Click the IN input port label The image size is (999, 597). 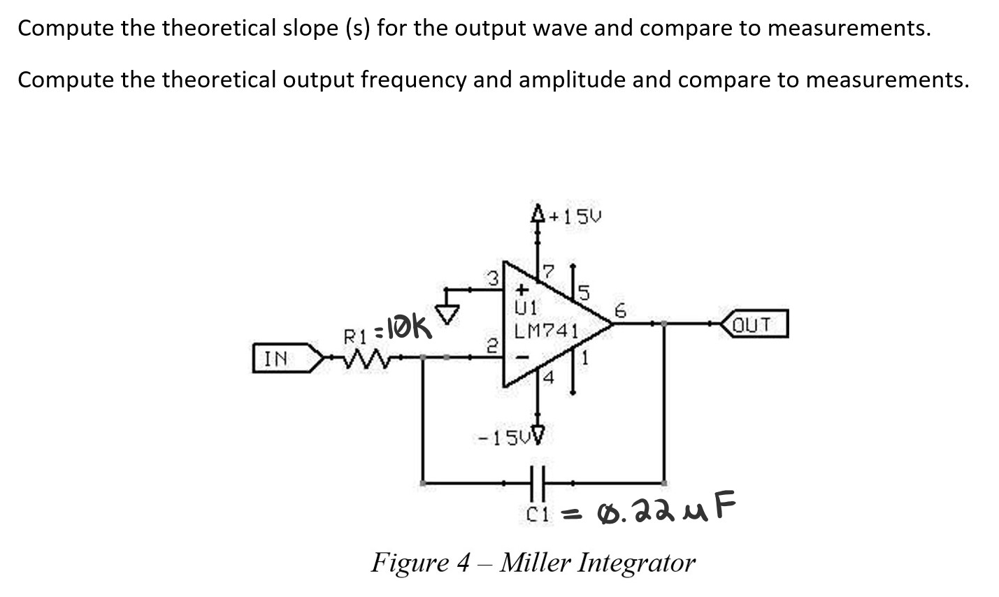[276, 359]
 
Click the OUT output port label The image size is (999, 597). [752, 324]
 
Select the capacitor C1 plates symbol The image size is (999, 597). [536, 482]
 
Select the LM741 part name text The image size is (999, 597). [545, 330]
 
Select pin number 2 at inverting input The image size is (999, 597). [492, 344]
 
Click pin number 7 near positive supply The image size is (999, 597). [548, 271]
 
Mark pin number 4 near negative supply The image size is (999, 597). [548, 378]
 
